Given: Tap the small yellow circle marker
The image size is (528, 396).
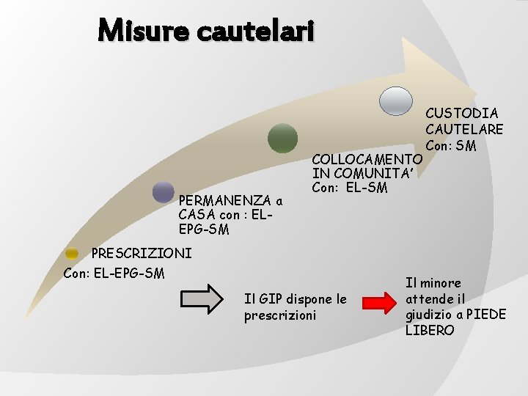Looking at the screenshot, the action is (71, 253).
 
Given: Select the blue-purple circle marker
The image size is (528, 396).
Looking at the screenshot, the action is (163, 192).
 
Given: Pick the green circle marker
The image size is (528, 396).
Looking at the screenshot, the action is (282, 138).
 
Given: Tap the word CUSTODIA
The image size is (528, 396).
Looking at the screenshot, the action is (462, 113).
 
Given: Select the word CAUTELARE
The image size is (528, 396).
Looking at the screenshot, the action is (464, 129).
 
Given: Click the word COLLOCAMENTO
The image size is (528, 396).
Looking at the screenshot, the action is (367, 159).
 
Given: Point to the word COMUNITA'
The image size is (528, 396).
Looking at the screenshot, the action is (374, 173).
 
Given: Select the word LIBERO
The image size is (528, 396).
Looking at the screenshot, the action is (430, 331).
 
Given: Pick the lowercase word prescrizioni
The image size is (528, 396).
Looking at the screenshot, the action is (280, 315).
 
